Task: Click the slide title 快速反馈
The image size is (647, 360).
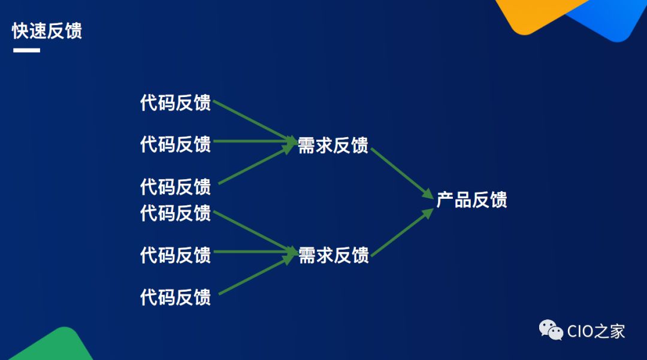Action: (x=47, y=31)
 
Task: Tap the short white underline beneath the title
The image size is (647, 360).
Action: (x=26, y=50)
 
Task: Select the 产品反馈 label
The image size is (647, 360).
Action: (x=471, y=200)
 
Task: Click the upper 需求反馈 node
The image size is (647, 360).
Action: (x=333, y=145)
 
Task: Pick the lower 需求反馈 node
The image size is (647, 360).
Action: (x=333, y=255)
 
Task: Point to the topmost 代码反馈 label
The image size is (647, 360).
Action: (x=176, y=103)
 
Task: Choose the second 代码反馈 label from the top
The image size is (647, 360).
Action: (x=176, y=144)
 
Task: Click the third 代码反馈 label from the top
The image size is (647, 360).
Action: (x=176, y=186)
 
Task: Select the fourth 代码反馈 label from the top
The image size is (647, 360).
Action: (x=176, y=213)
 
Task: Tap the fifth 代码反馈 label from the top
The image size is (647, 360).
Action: (x=176, y=255)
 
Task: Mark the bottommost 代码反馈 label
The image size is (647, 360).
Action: (x=176, y=297)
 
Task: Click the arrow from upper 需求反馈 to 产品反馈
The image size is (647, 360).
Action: (x=401, y=173)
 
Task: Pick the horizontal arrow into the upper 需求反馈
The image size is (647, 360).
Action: (x=255, y=142)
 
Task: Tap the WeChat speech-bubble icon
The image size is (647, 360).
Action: (x=551, y=330)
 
